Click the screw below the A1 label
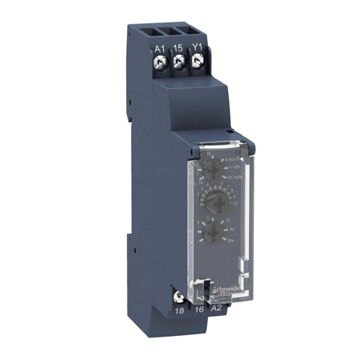159,63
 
